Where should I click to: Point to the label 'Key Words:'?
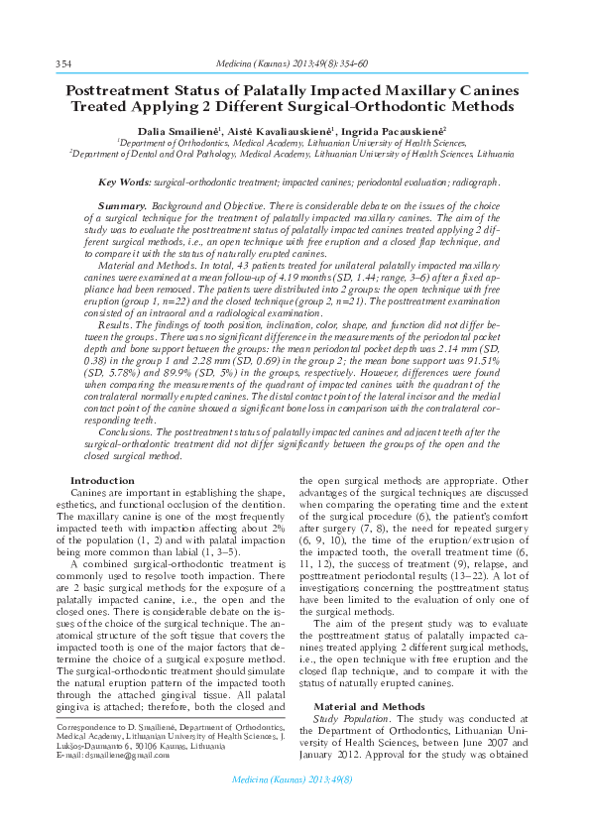(x=125, y=182)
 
